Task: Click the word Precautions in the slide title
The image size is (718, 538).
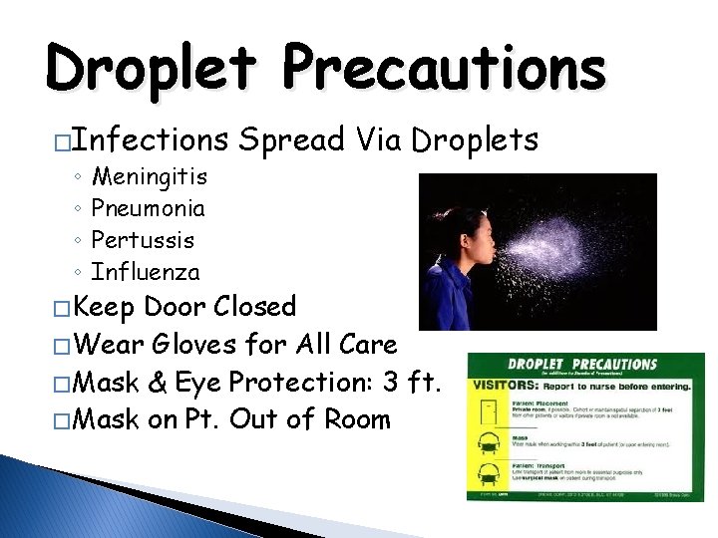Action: point(444,69)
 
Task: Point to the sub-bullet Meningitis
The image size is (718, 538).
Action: point(149,177)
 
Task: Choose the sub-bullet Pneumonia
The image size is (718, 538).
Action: point(148,209)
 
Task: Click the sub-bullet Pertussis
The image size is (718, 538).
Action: point(143,240)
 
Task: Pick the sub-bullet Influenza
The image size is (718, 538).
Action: point(146,272)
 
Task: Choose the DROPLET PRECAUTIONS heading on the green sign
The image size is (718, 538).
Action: point(582,365)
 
